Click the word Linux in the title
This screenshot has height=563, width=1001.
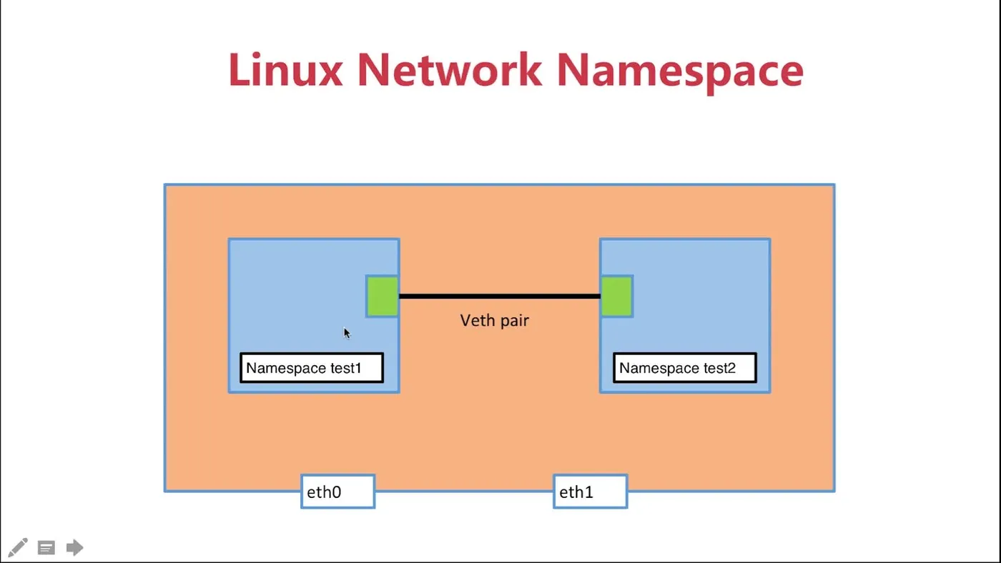click(285, 69)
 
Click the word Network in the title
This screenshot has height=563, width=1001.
click(450, 69)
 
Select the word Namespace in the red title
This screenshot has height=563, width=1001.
click(680, 74)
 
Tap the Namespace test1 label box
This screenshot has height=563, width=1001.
click(312, 368)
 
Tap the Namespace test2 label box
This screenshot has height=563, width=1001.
click(685, 368)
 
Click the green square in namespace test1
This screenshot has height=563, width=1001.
click(382, 297)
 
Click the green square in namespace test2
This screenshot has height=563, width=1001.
click(616, 297)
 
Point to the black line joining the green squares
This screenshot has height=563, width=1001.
click(500, 296)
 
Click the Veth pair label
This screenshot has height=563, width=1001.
click(495, 321)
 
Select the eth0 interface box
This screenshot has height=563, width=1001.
click(337, 492)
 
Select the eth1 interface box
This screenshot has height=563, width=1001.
click(591, 492)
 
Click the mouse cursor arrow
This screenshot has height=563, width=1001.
click(347, 333)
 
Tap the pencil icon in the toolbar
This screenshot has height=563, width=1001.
click(18, 547)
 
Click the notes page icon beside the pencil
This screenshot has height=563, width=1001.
click(46, 548)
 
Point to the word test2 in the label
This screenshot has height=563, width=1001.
click(719, 369)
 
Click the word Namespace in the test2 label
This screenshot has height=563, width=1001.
click(659, 369)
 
